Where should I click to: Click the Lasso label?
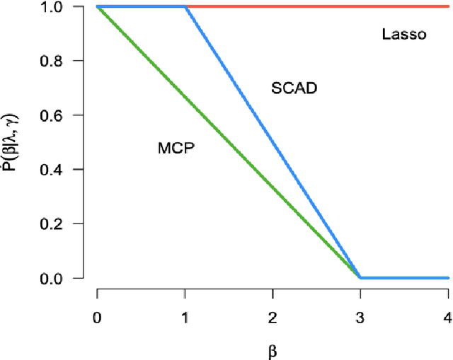click(x=403, y=34)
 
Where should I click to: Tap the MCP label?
click(x=176, y=148)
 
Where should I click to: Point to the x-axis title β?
click(x=273, y=348)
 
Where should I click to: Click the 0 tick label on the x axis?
click(x=97, y=315)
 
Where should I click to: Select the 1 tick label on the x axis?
click(x=185, y=315)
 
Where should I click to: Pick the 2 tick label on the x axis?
click(x=273, y=315)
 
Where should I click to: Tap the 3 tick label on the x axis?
click(x=360, y=315)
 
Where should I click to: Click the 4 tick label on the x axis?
click(x=447, y=315)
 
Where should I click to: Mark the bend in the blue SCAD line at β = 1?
click(x=185, y=7)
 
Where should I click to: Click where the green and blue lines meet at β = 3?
click(x=360, y=277)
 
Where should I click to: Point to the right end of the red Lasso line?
click(x=448, y=7)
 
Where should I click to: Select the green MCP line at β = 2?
click(x=273, y=187)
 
